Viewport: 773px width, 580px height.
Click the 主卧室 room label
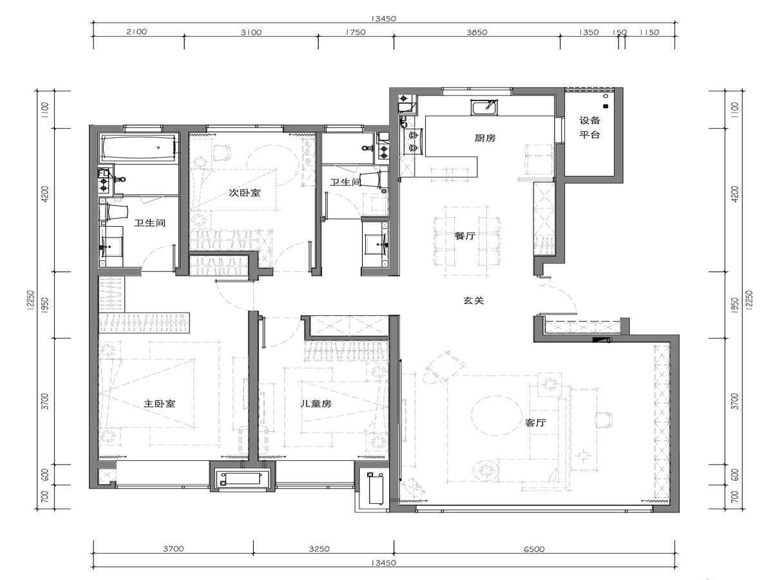click(x=159, y=403)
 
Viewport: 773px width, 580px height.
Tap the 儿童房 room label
click(x=316, y=403)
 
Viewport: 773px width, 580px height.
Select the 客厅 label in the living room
click(x=535, y=423)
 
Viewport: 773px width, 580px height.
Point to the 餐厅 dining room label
click(x=465, y=236)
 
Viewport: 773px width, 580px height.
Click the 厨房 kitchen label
click(x=485, y=138)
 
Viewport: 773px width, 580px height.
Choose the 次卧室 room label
click(x=244, y=193)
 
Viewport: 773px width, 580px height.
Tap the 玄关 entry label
click(x=473, y=300)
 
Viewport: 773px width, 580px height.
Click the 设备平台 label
click(x=589, y=128)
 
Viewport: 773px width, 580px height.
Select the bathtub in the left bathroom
click(x=138, y=148)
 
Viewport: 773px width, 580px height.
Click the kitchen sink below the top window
click(x=484, y=108)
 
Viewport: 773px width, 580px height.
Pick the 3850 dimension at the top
click(x=477, y=32)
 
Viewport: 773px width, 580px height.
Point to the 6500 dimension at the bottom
click(x=534, y=549)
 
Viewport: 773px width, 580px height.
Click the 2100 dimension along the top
click(x=137, y=32)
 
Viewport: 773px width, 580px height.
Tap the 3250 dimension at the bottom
click(x=319, y=549)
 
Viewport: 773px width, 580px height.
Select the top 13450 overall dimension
click(x=383, y=19)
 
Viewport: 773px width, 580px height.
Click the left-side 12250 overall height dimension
click(x=31, y=300)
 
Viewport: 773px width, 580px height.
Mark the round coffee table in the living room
click(x=497, y=416)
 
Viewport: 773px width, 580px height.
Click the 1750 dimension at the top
click(x=356, y=32)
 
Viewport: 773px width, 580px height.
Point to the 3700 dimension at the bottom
click(x=173, y=549)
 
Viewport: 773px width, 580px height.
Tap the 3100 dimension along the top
click(x=251, y=32)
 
